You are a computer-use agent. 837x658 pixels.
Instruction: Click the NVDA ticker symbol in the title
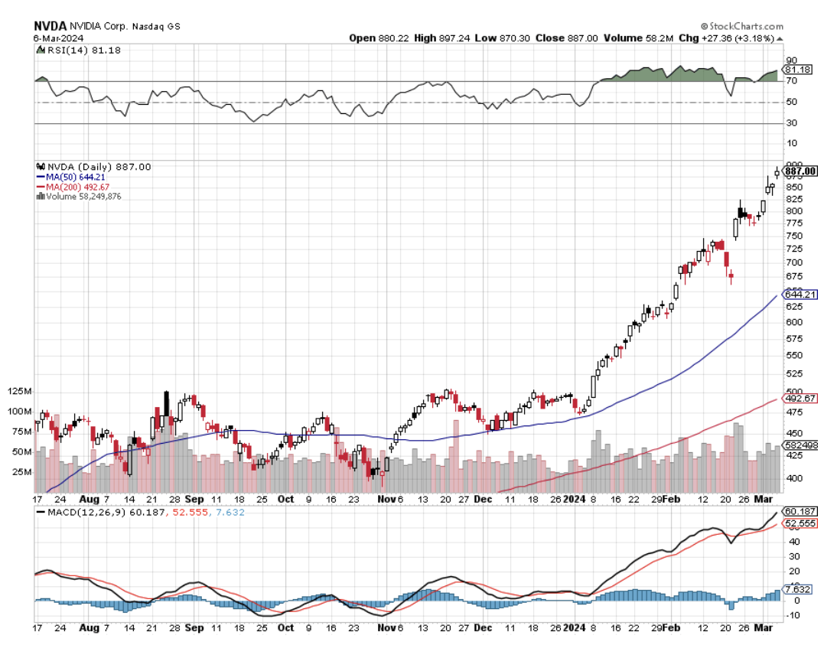tap(50, 25)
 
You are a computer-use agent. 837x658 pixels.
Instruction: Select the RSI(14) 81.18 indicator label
tap(73, 50)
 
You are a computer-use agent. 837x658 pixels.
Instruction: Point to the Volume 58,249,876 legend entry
tap(83, 197)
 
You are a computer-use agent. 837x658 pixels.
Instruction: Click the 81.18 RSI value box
tap(799, 70)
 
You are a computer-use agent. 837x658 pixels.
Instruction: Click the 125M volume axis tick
tap(20, 392)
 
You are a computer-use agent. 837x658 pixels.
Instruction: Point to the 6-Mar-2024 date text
tap(59, 37)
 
